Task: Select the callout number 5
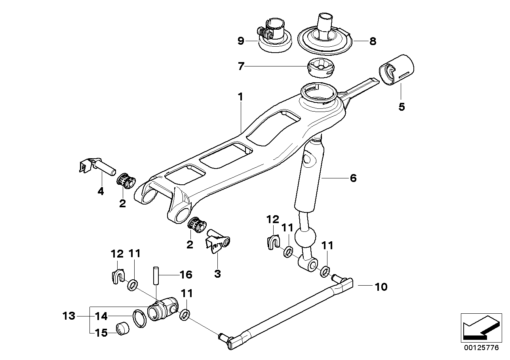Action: point(402,107)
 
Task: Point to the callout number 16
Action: point(186,275)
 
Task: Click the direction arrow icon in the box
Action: point(480,327)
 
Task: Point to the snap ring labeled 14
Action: point(139,318)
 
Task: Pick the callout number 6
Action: point(352,178)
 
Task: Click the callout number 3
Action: point(217,273)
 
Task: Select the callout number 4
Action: point(101,191)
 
